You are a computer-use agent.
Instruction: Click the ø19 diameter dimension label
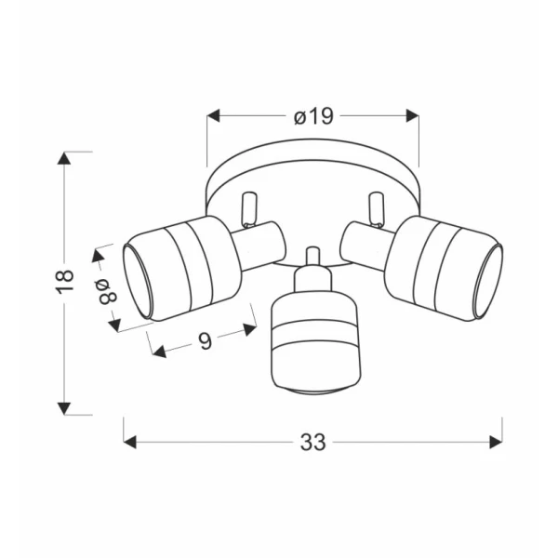click(x=313, y=116)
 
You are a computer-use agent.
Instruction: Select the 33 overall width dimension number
click(x=312, y=443)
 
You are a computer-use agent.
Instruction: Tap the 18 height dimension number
click(x=65, y=282)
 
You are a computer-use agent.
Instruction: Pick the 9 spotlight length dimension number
click(x=205, y=340)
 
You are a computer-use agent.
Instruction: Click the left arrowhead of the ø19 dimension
click(x=214, y=116)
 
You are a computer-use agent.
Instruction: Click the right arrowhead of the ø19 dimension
click(x=412, y=116)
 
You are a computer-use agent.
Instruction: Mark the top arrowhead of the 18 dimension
click(x=64, y=158)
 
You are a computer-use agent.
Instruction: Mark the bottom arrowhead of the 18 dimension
click(x=64, y=408)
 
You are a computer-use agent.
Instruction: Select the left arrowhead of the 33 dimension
click(x=130, y=443)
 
